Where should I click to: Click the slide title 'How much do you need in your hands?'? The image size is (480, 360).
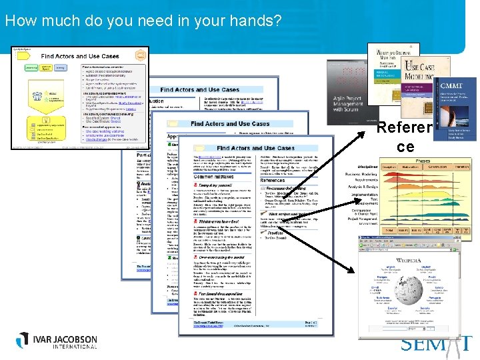pyautogui.click(x=143, y=21)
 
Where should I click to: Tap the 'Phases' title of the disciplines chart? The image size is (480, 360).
pyautogui.click(x=423, y=161)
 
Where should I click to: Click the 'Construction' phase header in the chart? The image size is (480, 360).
pyautogui.click(x=437, y=167)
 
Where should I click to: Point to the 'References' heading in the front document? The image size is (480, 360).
pyautogui.click(x=273, y=180)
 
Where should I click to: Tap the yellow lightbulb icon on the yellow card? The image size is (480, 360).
pyautogui.click(x=141, y=55)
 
